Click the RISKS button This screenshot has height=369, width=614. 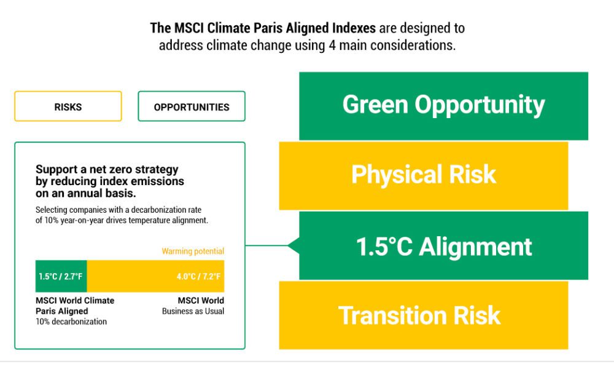point(68,106)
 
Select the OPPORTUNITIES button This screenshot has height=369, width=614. point(192,106)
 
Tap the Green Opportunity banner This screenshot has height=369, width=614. point(444,106)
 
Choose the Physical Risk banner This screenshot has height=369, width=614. point(423,176)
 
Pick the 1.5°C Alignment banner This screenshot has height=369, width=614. point(444,245)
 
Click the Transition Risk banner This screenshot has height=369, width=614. point(423,315)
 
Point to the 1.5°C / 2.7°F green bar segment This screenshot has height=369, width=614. point(61,276)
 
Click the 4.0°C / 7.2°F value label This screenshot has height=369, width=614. point(198,277)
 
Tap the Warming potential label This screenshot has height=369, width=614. point(193,251)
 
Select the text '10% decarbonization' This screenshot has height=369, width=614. point(71,322)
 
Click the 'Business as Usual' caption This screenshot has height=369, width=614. point(193,311)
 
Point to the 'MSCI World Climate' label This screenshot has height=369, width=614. point(75,300)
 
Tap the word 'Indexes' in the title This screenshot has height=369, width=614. point(354,28)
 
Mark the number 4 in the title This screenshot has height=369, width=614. point(332,45)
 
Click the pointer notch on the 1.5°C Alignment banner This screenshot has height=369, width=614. point(293,245)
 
